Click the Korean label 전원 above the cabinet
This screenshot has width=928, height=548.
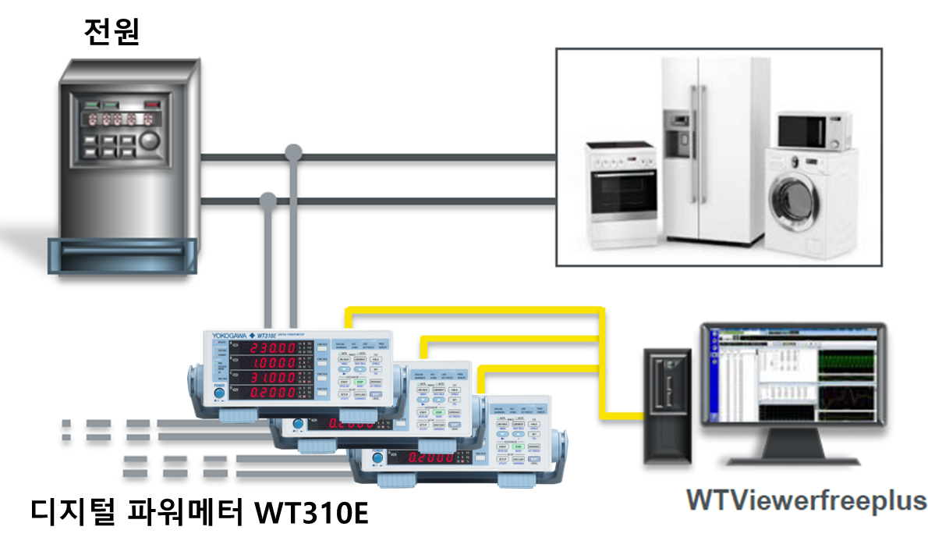[x=112, y=32]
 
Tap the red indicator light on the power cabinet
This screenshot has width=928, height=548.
[x=152, y=102]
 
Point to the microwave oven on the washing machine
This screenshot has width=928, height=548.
[x=812, y=130]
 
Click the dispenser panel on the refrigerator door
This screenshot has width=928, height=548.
[x=677, y=130]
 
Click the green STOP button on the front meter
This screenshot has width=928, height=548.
[x=361, y=383]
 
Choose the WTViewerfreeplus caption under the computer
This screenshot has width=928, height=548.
[x=806, y=500]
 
